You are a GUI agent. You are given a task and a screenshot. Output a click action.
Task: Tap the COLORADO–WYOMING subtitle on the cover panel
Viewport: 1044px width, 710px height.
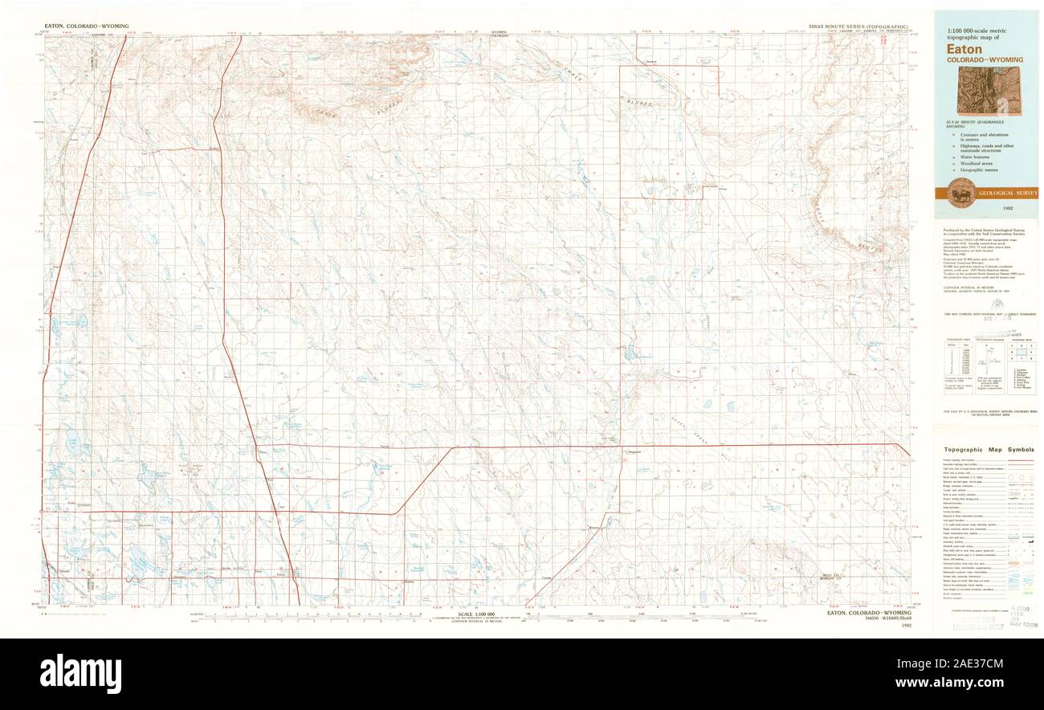985,60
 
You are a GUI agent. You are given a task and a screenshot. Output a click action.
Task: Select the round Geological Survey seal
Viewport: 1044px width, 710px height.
960,192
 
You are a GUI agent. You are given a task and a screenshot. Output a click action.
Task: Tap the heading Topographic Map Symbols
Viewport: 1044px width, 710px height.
989,450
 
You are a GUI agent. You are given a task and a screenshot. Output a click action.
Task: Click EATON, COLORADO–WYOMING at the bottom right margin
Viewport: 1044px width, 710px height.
875,613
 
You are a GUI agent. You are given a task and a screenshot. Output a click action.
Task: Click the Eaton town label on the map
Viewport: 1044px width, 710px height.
280,574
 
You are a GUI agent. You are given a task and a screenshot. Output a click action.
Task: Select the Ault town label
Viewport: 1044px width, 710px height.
281,507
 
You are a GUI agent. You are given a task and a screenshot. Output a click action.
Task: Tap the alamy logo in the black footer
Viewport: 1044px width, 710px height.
80,673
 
